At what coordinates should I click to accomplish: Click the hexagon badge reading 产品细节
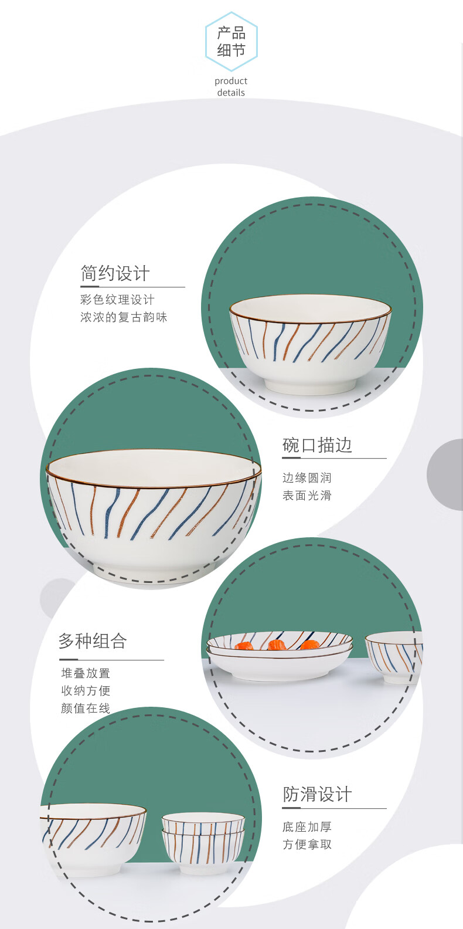231,42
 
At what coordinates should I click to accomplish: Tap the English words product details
231,87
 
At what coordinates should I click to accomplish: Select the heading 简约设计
115,273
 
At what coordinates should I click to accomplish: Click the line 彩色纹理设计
117,300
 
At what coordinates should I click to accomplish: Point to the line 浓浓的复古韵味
124,317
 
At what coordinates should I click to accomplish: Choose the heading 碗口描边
317,445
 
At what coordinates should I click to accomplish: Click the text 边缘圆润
307,478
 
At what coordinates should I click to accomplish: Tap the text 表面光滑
307,495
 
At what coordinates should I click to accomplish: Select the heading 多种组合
93,641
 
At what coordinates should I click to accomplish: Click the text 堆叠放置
86,673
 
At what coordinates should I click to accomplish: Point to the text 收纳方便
86,690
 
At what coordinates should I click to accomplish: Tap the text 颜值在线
86,708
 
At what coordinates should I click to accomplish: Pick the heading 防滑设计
318,795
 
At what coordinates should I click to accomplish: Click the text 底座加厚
307,827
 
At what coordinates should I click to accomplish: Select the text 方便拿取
307,845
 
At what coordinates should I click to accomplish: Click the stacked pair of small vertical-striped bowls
203,843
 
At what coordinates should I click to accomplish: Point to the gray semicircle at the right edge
445,474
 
